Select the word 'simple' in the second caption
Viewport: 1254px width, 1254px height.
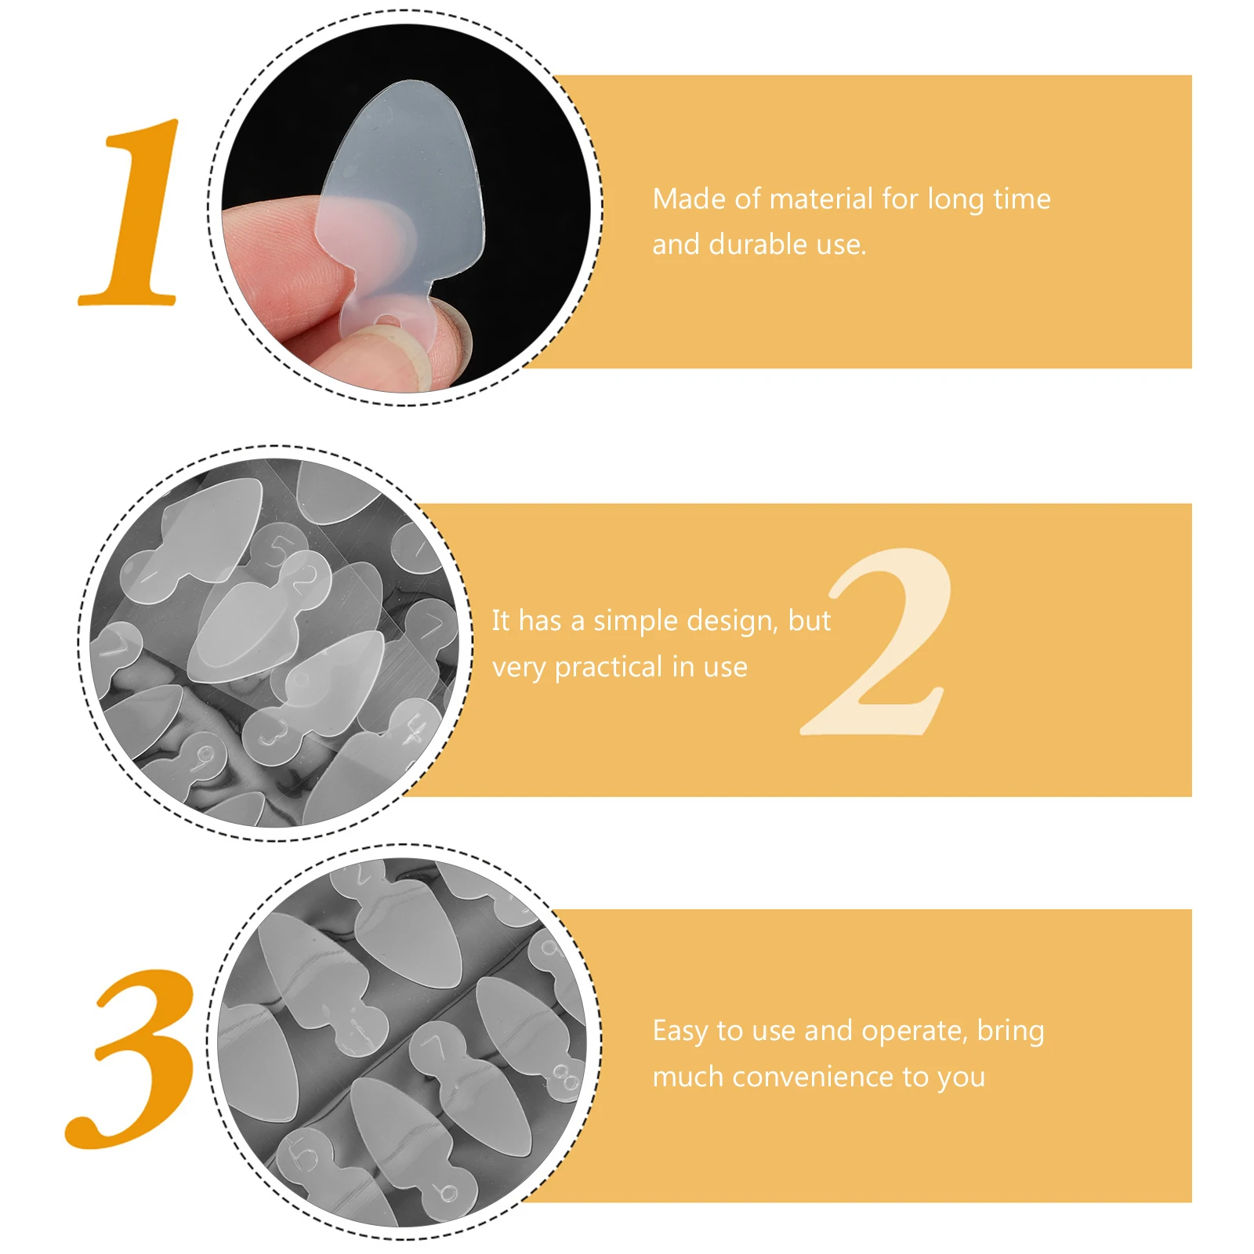pos(635,621)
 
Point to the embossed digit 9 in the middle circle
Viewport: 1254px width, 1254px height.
pos(205,756)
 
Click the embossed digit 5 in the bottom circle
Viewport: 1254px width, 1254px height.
pos(305,1154)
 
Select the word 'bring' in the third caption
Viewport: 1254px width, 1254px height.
pos(1010,1031)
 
